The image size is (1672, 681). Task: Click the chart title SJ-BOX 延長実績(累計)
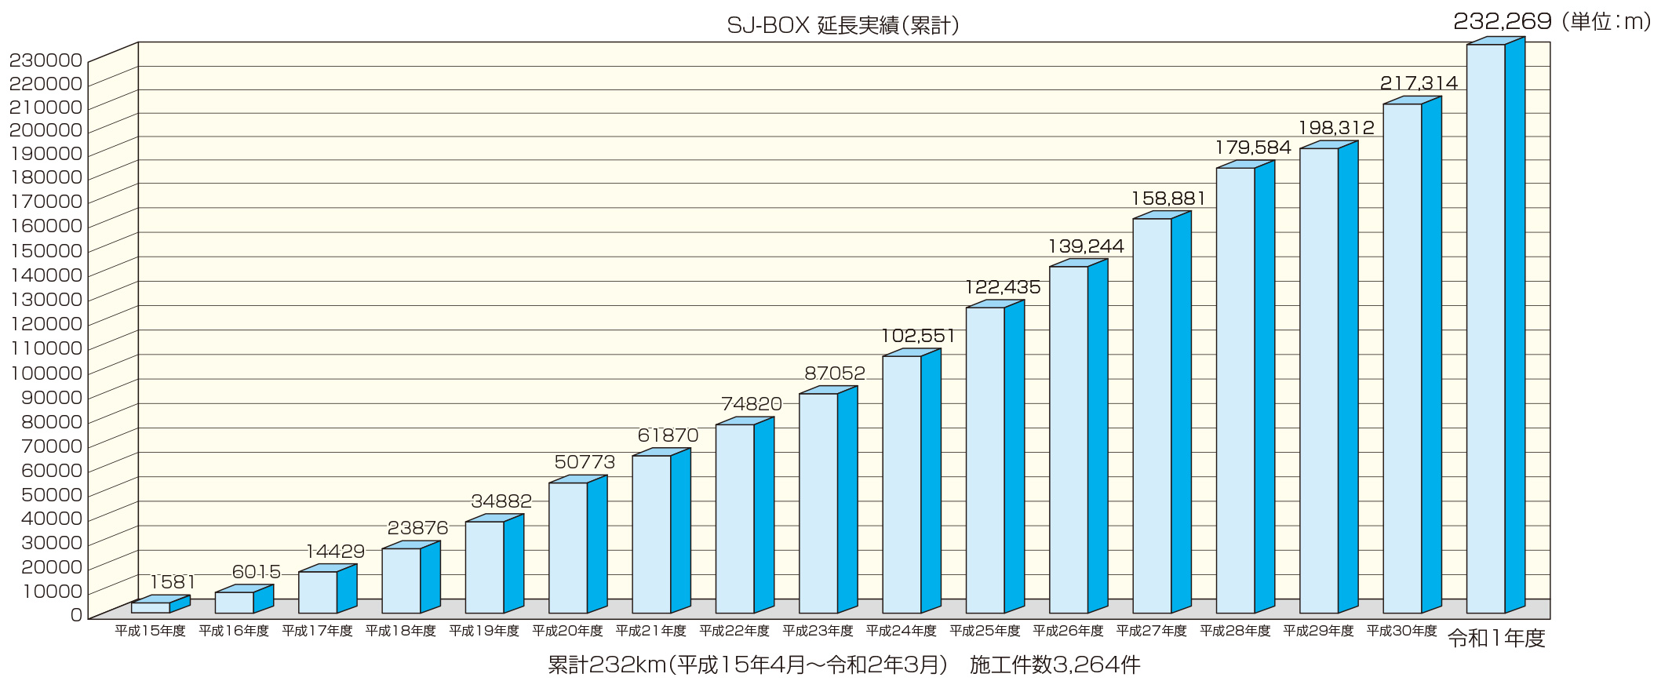(843, 26)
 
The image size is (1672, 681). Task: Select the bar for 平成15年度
(151, 607)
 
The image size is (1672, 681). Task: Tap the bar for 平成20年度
(568, 547)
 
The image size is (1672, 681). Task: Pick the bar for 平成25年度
(985, 459)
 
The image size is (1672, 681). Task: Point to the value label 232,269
(1502, 21)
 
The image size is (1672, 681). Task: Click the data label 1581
(173, 582)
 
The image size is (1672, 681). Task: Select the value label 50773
(585, 462)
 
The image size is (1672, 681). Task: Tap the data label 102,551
(918, 337)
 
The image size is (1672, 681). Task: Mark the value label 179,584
(1253, 147)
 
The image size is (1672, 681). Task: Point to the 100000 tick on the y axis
(46, 373)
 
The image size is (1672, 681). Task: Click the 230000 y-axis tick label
(46, 60)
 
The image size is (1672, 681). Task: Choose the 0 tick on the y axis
(76, 615)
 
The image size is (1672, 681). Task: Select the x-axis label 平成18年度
(400, 631)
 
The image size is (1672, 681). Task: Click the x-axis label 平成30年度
(1401, 631)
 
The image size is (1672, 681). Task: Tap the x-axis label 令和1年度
(1496, 639)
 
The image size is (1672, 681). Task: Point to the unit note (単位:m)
(1606, 22)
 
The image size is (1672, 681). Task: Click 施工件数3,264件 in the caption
(1055, 665)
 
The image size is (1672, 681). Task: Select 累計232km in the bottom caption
(607, 665)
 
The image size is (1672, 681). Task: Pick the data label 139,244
(1086, 246)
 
